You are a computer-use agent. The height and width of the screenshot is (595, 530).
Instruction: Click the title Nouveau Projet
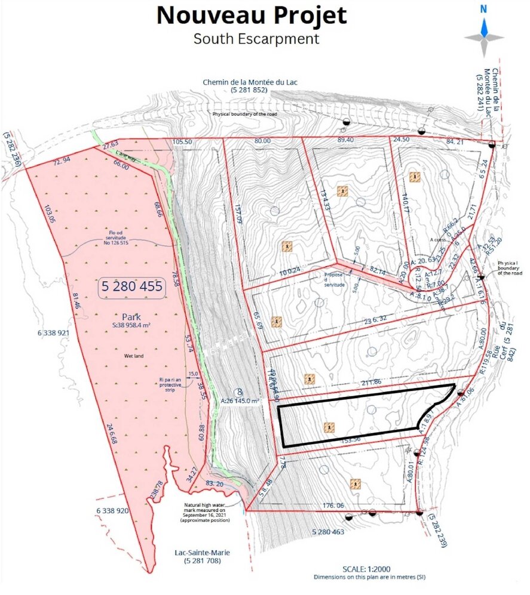point(252,16)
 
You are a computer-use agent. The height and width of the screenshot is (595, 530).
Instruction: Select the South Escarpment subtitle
point(256,39)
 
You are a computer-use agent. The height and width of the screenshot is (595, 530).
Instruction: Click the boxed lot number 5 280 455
point(132,286)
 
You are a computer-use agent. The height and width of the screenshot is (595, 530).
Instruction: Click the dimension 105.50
point(181,142)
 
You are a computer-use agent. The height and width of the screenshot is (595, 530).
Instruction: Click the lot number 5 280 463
point(328,531)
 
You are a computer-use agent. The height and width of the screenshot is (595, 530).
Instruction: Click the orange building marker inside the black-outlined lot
point(327,427)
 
